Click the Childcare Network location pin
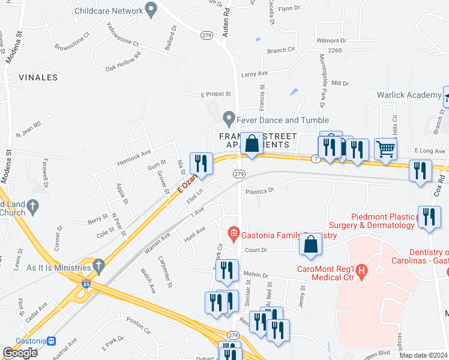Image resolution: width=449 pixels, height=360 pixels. tap(151, 10)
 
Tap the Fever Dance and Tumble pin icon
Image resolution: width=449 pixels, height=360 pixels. tap(228, 117)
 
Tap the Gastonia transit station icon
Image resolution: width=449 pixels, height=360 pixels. tap(52, 341)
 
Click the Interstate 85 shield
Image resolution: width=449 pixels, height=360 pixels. tap(86, 281)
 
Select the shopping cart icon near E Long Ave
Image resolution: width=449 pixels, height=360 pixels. tap(385, 148)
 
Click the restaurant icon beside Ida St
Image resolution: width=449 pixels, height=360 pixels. tap(200, 164)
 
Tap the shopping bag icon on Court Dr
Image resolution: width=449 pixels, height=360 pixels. tap(310, 244)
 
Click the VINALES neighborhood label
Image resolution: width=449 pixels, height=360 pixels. tap(38, 77)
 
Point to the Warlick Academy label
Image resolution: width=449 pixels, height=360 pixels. tap(409, 95)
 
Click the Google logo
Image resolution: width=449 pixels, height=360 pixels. tap(20, 352)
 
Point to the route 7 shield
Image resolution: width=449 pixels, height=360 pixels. tap(315, 158)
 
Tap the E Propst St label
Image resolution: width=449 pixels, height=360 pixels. tap(215, 94)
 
